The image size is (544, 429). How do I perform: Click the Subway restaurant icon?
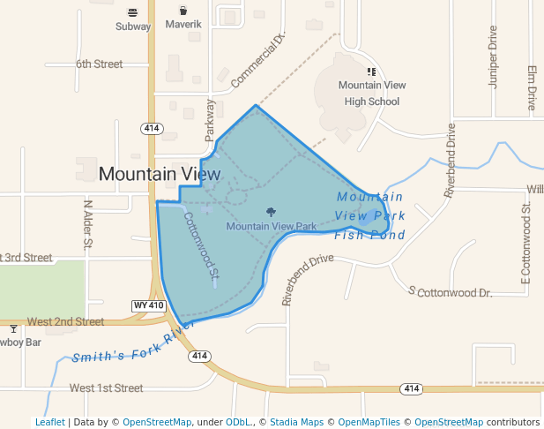click(132, 12)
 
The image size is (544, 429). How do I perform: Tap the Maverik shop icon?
click(183, 11)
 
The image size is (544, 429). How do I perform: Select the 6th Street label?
click(99, 64)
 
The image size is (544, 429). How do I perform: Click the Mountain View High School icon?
click(371, 71)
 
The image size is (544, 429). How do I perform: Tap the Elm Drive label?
click(532, 87)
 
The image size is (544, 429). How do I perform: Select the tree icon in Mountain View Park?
click(271, 212)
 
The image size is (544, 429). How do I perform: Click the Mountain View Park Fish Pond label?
click(370, 216)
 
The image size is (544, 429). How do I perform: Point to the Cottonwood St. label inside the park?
click(201, 247)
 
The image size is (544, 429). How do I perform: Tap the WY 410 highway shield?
click(149, 305)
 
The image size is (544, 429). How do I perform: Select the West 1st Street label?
click(106, 388)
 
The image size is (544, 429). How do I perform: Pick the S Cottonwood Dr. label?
click(450, 291)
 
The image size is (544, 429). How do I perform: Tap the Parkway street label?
click(210, 118)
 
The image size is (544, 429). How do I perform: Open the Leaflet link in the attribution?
click(49, 422)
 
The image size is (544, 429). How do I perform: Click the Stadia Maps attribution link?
click(295, 422)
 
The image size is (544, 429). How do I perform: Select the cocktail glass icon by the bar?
click(12, 329)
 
